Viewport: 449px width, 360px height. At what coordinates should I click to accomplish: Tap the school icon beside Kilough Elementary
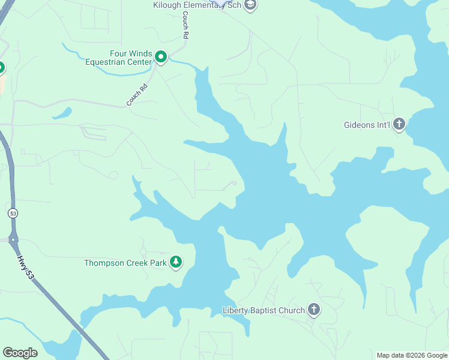pos(250,5)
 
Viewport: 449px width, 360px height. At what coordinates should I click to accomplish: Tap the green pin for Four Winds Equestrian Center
pos(161,57)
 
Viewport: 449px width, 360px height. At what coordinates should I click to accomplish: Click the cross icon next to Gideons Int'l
pos(399,125)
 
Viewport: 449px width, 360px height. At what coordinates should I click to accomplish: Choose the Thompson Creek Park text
pos(124,263)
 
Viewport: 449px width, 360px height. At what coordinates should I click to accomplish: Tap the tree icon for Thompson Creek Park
pos(175,262)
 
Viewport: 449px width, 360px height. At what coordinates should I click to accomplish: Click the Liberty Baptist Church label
pos(263,310)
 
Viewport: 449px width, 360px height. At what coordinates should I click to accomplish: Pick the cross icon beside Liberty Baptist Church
pos(313,310)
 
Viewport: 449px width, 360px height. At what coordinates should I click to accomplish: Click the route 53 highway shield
pos(12,213)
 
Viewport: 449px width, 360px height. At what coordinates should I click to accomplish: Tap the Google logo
pos(20,352)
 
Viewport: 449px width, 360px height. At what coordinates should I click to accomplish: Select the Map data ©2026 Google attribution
pos(412,355)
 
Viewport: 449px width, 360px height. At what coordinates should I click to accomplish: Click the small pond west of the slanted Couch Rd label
pos(62,113)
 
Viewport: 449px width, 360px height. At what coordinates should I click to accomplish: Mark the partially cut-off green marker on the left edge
pos(2,68)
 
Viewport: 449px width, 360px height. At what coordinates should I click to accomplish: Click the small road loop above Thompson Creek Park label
pos(143,250)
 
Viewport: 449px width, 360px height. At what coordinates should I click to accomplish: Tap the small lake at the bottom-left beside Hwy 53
pos(63,347)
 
